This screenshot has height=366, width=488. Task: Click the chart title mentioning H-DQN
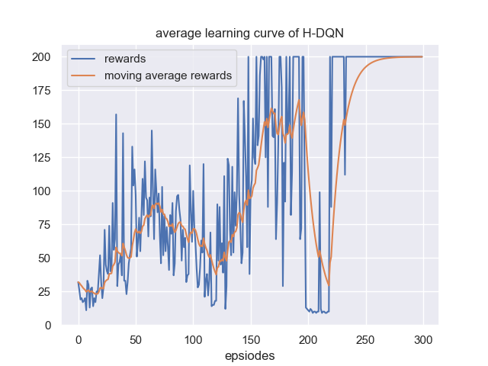[x=243, y=34]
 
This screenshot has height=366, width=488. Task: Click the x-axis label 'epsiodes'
[x=250, y=355]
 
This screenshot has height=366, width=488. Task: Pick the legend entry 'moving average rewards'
[x=168, y=75]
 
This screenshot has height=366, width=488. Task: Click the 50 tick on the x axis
[x=135, y=339]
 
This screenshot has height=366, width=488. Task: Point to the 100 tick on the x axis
[x=193, y=339]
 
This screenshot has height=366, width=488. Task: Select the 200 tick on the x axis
[x=308, y=339]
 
